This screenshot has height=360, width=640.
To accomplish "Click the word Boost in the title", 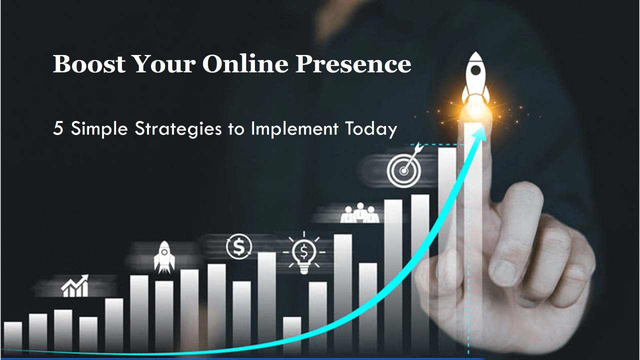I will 88,64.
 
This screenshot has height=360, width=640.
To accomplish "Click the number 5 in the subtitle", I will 58,128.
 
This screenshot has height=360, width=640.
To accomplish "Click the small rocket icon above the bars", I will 163,256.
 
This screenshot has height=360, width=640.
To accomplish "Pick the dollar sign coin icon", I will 239,246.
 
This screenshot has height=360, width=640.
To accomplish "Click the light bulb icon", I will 303,253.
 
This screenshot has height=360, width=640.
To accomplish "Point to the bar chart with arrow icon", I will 75,286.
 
